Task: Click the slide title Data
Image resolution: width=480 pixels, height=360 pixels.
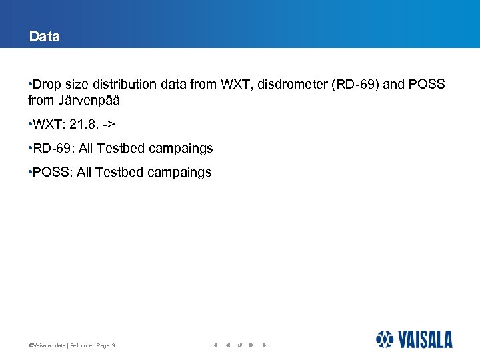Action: point(44,37)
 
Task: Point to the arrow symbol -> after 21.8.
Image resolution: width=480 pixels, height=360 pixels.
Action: point(109,125)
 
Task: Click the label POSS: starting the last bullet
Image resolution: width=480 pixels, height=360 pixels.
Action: point(53,173)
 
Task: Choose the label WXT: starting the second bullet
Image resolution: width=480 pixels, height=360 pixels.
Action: point(48,125)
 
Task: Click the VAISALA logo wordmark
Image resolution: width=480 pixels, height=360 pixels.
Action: point(425,339)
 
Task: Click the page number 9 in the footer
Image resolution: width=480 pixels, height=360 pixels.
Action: point(113,345)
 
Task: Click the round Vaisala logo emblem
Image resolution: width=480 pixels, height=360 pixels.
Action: point(385,339)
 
